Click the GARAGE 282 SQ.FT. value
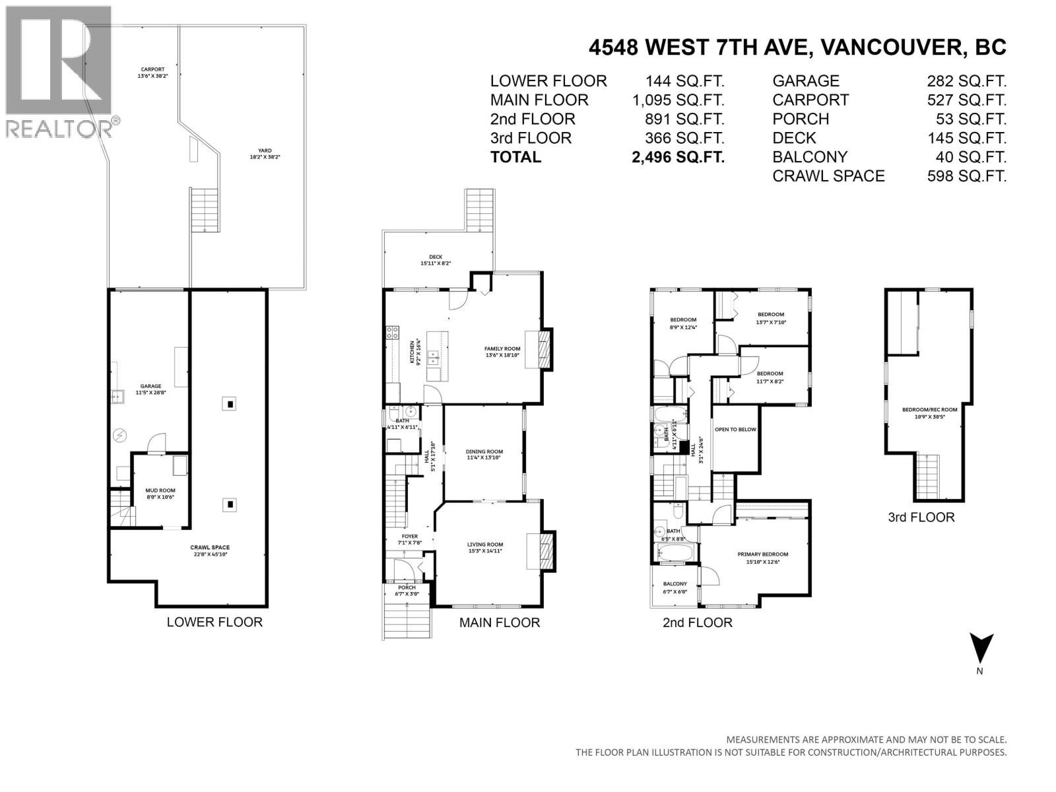966,81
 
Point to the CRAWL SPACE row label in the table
828,176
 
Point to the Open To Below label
735,430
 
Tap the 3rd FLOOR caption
921,517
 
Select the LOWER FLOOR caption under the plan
214,622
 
